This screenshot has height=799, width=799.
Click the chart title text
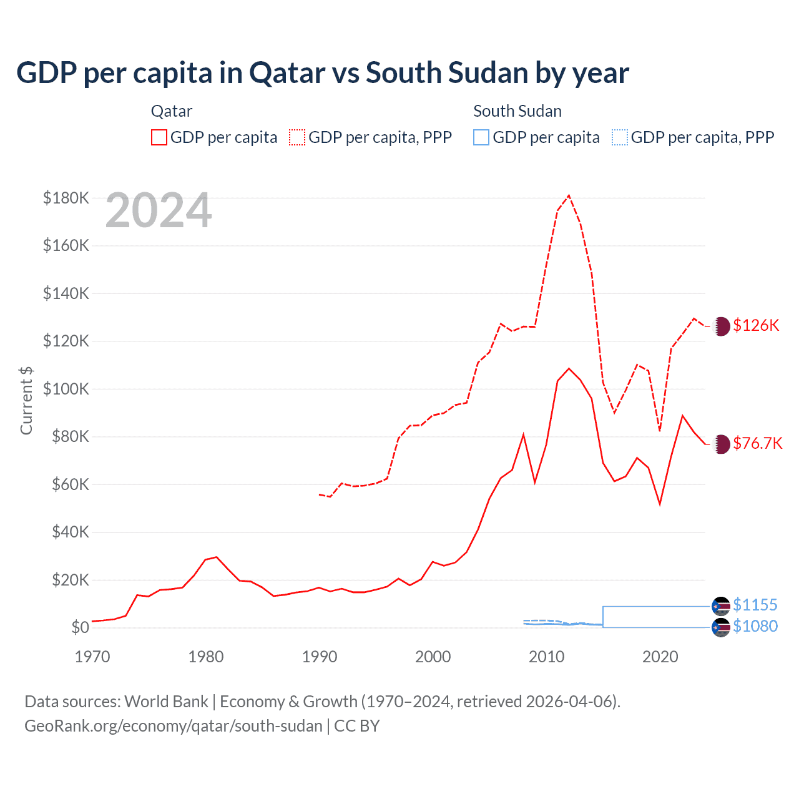pos(322,73)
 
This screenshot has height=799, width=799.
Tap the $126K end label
pos(756,325)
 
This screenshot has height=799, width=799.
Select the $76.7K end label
pos(757,443)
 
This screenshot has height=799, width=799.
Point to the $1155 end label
pos(755,605)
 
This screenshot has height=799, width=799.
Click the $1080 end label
pos(755,626)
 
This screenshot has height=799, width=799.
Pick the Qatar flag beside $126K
pos(721,326)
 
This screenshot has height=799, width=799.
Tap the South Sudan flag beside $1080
pos(721,627)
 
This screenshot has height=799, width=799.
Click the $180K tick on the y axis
pos(66,198)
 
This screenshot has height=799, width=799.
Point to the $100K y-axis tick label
pos(66,389)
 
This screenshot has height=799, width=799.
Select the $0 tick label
pos(80,627)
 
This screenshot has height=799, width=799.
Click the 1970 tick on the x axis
pos(92,657)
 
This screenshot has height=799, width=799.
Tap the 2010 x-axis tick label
pos(547,657)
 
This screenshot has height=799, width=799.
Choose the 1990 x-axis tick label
pos(320,657)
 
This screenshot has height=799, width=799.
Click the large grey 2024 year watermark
pos(159,211)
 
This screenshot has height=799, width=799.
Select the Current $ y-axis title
pos(26,400)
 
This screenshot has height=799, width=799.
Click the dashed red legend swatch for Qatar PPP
pos(297,137)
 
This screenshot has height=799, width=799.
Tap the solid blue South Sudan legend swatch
pos(481,137)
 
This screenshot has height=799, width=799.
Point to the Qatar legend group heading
pos(172,111)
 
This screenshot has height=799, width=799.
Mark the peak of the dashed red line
pos(569,195)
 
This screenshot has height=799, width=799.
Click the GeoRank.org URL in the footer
pos(174,726)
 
